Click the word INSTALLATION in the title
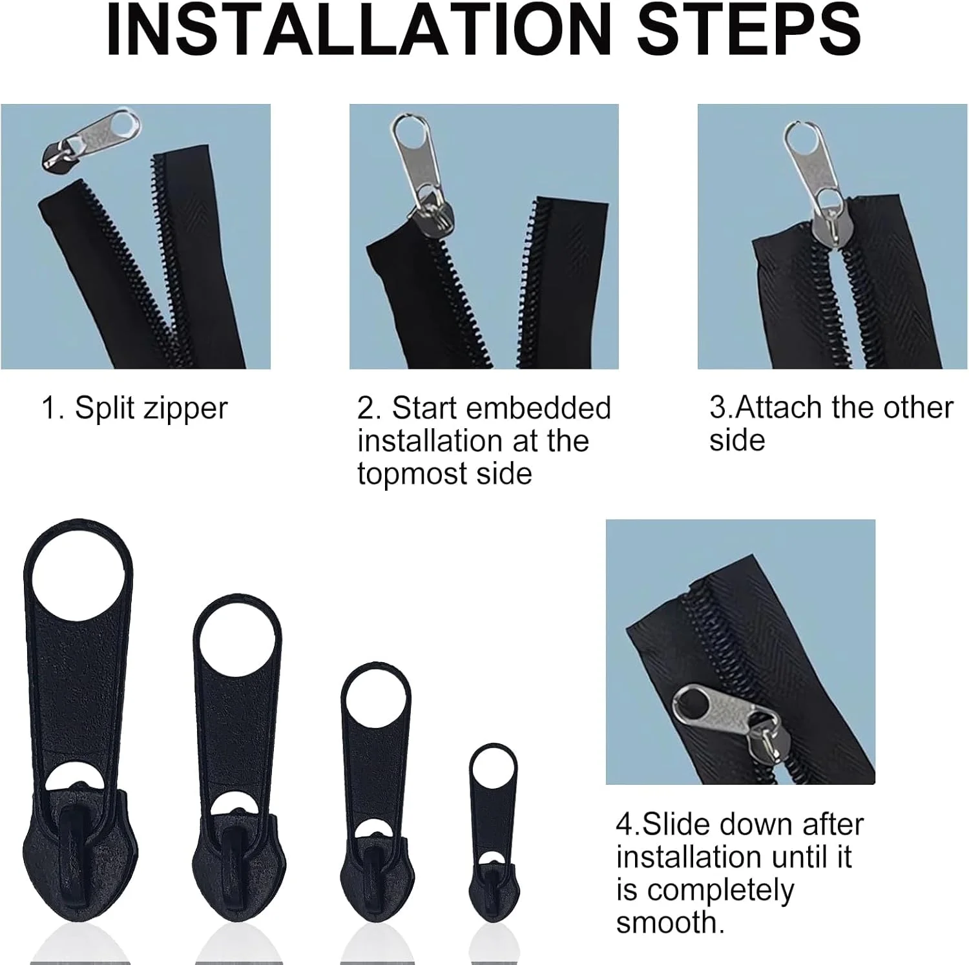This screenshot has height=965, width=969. click(x=359, y=30)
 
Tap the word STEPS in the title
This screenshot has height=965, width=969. click(x=749, y=30)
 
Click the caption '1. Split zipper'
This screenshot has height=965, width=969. click(x=134, y=409)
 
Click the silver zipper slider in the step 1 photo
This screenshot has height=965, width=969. click(x=90, y=140)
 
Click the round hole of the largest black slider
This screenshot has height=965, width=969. click(x=79, y=576)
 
